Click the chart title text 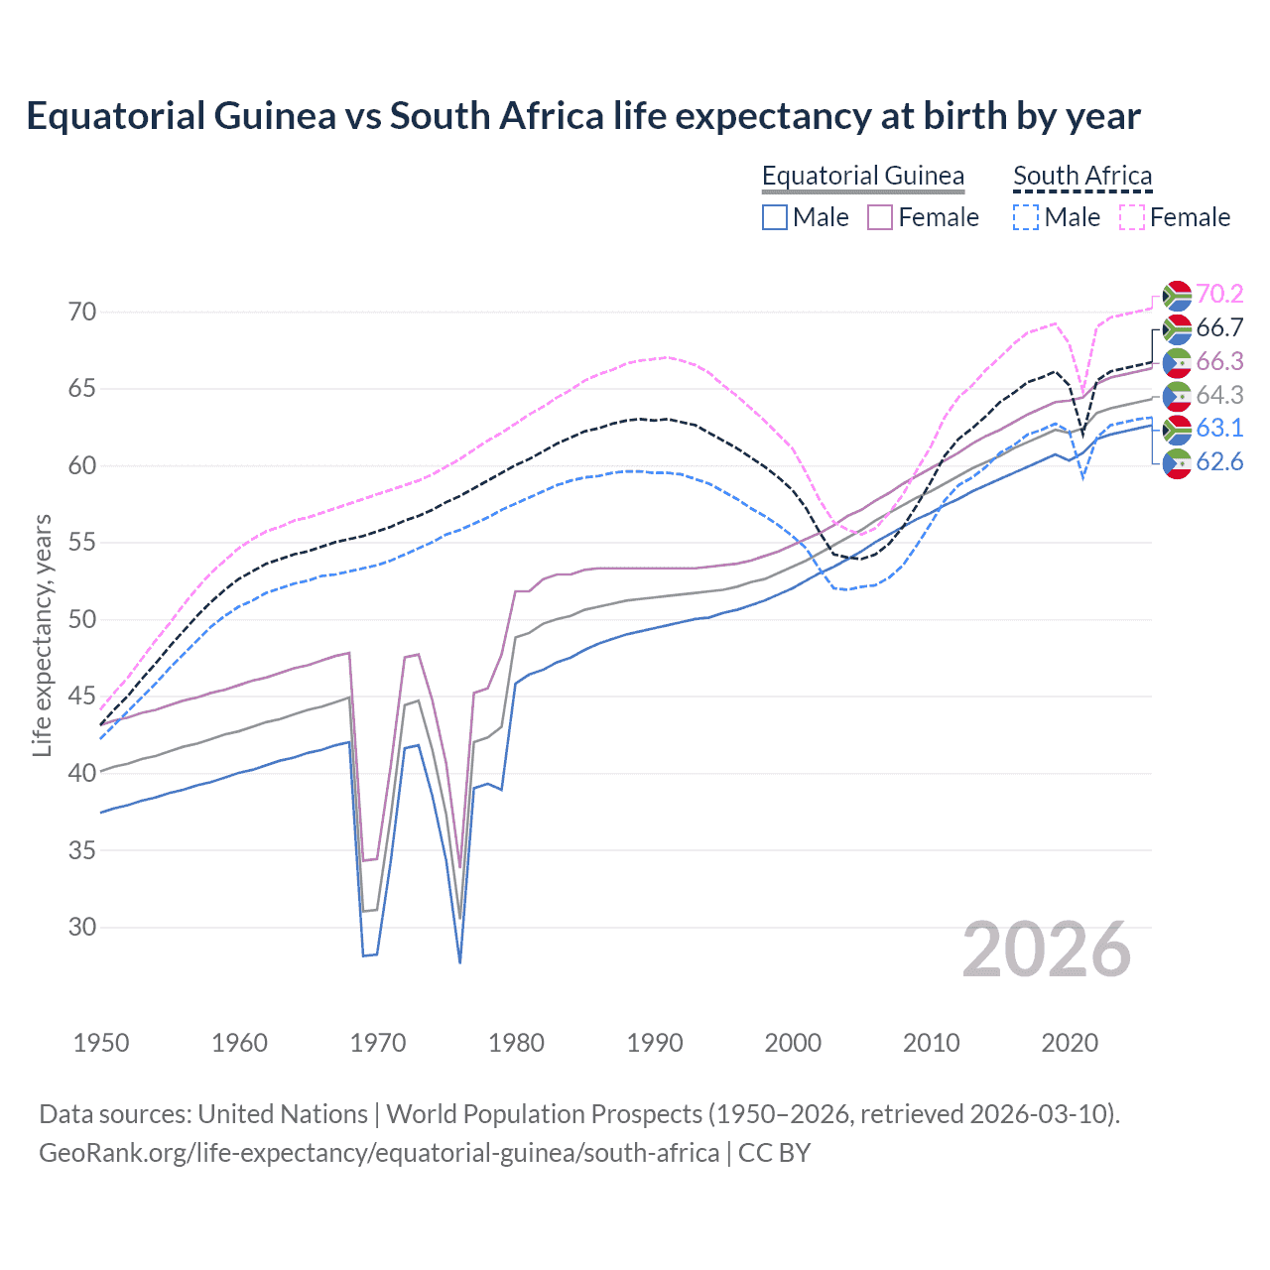coord(583,116)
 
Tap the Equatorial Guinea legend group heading coord(862,176)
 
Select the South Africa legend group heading coord(1082,176)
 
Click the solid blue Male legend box coord(775,217)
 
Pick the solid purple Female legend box coord(880,217)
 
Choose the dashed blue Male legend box coord(1026,217)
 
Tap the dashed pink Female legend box coord(1132,217)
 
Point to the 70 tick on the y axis coord(82,312)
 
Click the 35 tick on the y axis coord(82,850)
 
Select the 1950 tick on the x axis coord(101,1043)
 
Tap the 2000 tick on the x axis coord(793,1043)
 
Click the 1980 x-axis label coord(516,1043)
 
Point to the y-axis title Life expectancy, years coord(42,635)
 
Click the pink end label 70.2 coord(1219,294)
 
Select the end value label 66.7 coord(1219,327)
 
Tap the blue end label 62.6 coord(1219,461)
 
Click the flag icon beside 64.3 coord(1177,395)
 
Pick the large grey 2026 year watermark coord(1046,950)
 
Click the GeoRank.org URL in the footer coord(379,1153)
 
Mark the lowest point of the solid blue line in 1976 coord(460,962)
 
